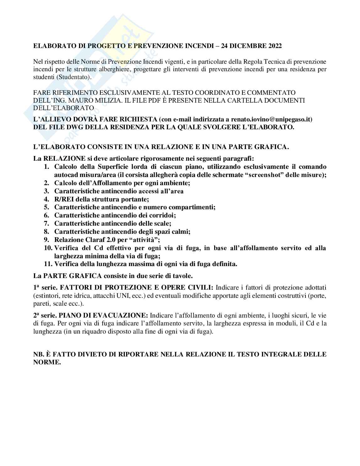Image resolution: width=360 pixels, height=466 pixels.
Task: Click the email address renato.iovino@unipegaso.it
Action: pyautogui.click(x=272, y=119)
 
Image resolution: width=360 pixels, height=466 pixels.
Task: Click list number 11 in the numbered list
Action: pyautogui.click(x=48, y=264)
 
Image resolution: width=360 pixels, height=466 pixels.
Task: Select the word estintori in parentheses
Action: pyautogui.click(x=45, y=296)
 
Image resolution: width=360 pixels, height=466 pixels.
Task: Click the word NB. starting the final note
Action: pyautogui.click(x=40, y=354)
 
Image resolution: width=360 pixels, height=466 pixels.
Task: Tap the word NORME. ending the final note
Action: pyautogui.click(x=47, y=362)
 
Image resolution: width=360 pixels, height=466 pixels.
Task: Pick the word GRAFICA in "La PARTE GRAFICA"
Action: pyautogui.click(x=83, y=276)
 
